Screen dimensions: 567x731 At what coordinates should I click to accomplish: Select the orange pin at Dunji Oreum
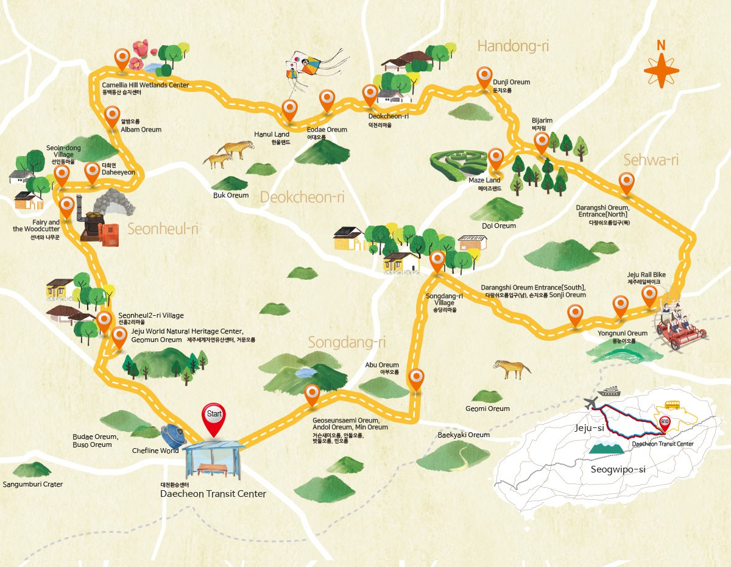[x=484, y=77]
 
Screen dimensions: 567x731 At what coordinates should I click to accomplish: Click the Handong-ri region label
[x=509, y=46]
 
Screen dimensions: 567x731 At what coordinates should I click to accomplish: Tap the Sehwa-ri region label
[x=651, y=160]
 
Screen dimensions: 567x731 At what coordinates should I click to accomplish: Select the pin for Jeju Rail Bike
[x=649, y=296]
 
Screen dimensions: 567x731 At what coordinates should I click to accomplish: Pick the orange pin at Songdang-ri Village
[x=437, y=261]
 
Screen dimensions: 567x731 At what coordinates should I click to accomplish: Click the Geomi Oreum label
[x=487, y=408]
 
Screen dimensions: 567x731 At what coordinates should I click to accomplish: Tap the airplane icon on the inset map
[x=590, y=403]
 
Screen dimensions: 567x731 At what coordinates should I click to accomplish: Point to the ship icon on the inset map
[x=610, y=391]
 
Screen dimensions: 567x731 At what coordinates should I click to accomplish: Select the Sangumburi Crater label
[x=32, y=484]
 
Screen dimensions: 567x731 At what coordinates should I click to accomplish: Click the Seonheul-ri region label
[x=163, y=229]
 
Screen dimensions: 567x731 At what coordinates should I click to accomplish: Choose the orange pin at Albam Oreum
[x=112, y=115]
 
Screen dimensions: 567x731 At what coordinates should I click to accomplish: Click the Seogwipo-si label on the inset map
[x=618, y=469]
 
